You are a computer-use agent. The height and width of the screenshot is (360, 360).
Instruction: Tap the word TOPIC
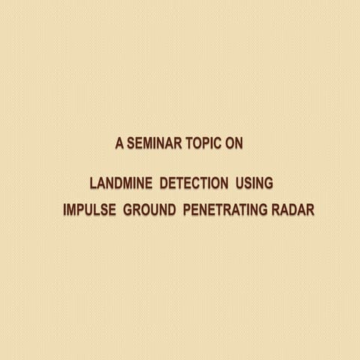coord(203,142)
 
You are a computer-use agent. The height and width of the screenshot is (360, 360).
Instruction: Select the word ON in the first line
coord(234,142)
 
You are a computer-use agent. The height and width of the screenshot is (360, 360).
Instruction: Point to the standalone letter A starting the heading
coord(119,142)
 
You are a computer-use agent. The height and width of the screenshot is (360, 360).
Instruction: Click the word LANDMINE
coord(122,184)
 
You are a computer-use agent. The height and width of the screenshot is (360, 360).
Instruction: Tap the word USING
coord(253,184)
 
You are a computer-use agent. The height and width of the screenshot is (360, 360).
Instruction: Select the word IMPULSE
coord(89,208)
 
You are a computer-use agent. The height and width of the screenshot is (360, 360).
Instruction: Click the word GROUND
coord(149,208)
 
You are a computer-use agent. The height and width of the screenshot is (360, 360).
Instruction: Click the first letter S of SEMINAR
coord(130,142)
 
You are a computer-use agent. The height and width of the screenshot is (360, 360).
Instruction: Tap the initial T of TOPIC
coord(187,142)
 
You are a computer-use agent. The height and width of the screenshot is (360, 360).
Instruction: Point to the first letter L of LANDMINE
coord(93,184)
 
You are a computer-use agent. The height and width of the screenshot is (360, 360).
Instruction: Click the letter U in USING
coord(239,184)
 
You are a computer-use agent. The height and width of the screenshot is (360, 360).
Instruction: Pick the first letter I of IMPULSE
coord(64,208)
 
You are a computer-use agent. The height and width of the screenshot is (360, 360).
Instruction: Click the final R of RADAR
coord(310,208)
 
